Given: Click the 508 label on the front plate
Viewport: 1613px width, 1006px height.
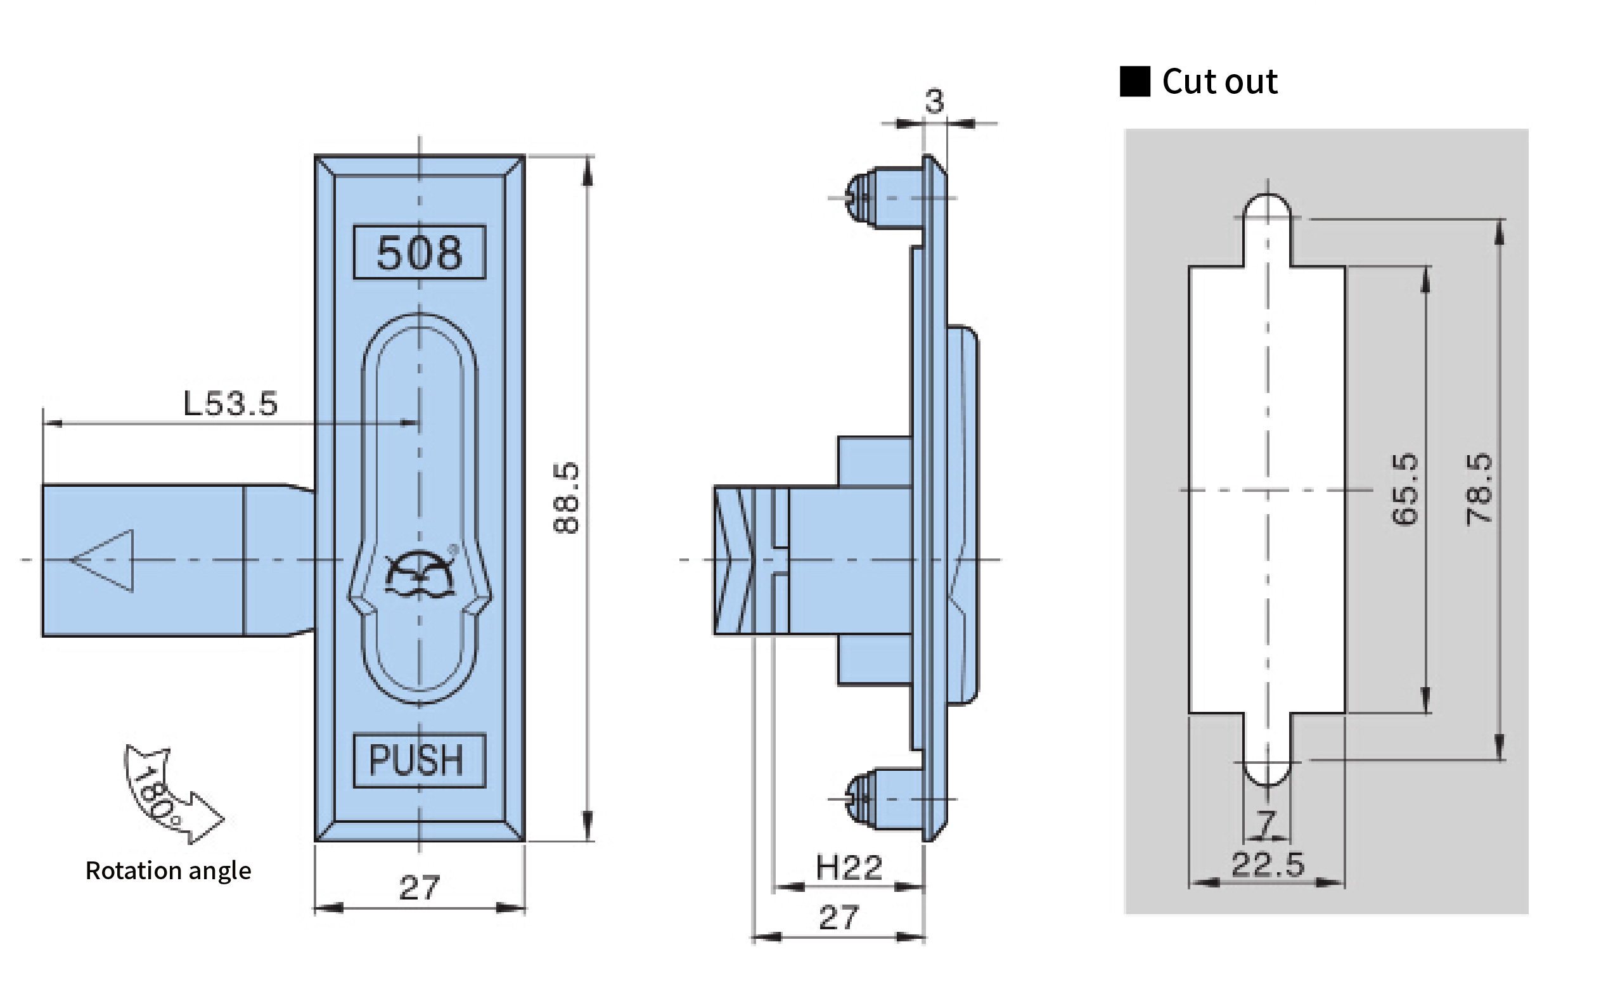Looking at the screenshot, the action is [419, 253].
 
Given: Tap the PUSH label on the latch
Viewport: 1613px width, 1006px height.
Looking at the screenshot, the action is [416, 760].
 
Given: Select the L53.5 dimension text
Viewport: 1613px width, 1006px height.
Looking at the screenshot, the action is [230, 403].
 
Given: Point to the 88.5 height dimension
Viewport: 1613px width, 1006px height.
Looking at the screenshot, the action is [567, 497].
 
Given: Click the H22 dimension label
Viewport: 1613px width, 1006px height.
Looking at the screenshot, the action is [849, 868].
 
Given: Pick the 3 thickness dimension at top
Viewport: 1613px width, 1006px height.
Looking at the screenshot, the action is [935, 101].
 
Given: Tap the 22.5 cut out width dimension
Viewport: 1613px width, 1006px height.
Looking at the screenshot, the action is [1268, 864].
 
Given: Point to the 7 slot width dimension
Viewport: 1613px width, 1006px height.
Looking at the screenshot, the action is [1266, 823].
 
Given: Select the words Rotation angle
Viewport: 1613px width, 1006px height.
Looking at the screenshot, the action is [169, 871].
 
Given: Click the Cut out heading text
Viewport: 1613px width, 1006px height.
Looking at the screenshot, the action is [1219, 82].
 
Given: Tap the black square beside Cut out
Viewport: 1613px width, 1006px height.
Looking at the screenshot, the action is [1134, 81].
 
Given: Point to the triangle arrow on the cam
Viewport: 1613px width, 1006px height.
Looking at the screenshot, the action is [103, 560].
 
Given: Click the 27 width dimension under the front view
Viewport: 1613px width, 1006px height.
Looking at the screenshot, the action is [419, 887].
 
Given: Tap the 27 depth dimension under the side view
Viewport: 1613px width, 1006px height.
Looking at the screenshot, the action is [839, 917].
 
